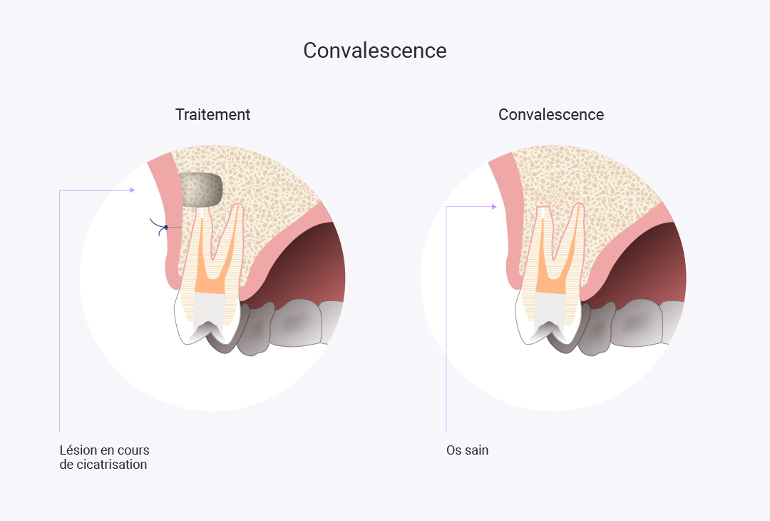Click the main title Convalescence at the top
[374, 51]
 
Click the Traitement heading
[212, 114]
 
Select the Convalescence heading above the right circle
[550, 114]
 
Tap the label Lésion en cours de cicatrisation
[104, 457]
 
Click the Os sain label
[467, 451]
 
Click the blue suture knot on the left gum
[165, 227]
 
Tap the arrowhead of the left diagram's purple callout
[132, 190]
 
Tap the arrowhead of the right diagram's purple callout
[494, 207]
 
